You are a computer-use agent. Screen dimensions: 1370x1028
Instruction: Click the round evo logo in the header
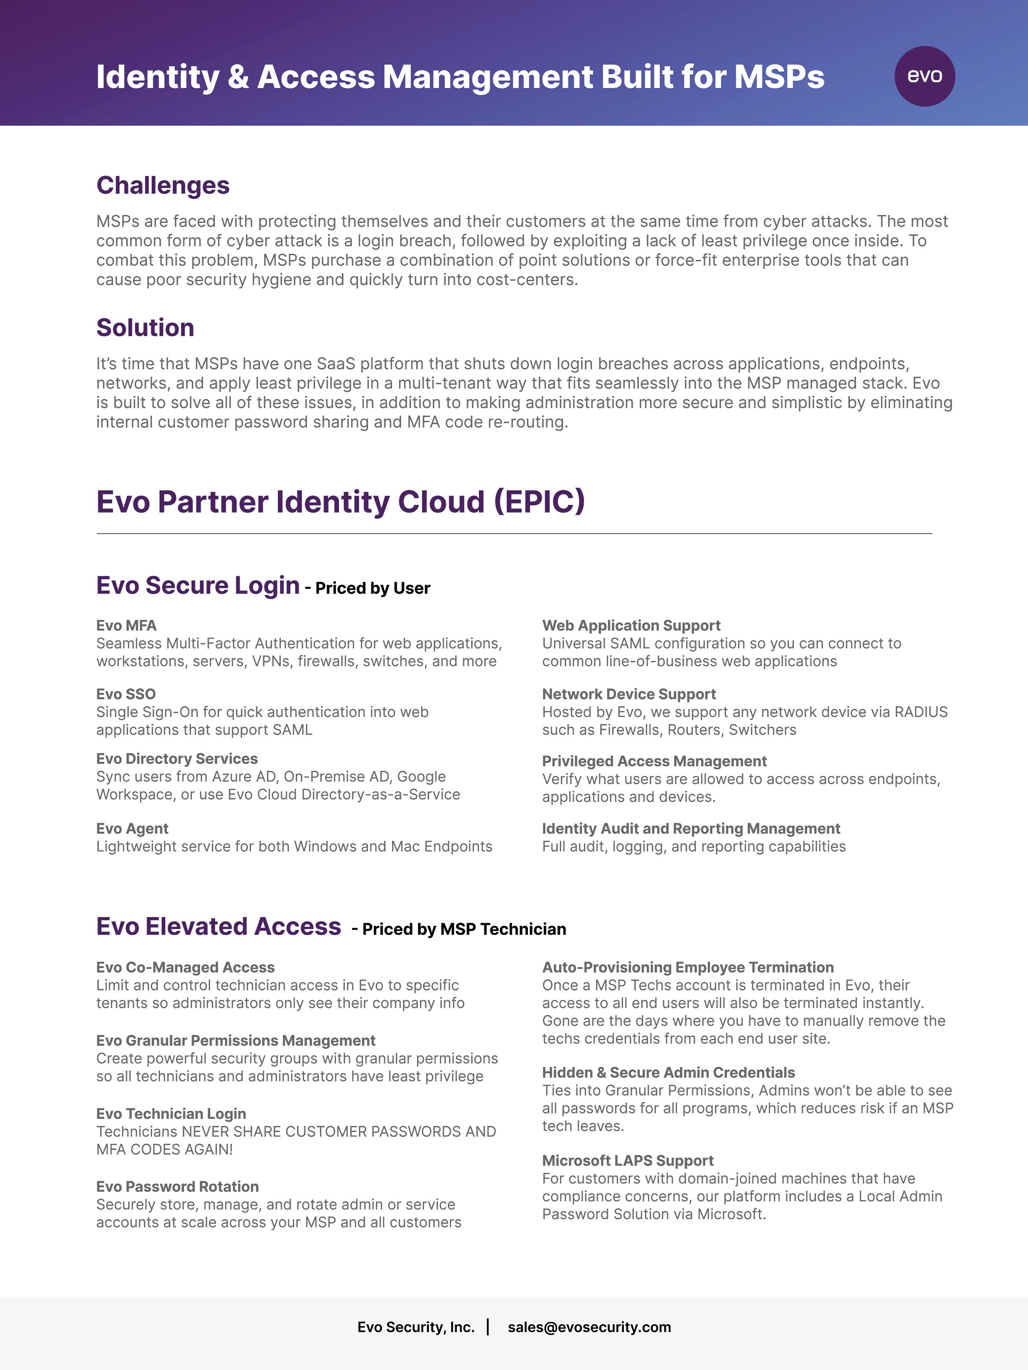point(925,76)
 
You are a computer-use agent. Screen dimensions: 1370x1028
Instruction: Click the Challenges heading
point(163,185)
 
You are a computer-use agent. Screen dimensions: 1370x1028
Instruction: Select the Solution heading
point(145,328)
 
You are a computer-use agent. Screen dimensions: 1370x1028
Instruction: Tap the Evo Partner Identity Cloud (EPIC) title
point(340,502)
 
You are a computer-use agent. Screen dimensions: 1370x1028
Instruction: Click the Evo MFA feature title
point(126,626)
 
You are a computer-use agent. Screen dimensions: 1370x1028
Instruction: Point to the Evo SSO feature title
point(126,694)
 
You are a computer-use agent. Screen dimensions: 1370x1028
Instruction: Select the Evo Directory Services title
point(177,759)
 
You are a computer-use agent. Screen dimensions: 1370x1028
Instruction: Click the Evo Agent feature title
point(132,829)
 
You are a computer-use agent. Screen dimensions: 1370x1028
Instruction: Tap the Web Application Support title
point(631,626)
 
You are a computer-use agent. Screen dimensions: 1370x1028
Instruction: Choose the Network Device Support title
point(628,694)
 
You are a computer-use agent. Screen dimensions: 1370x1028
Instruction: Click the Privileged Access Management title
point(654,761)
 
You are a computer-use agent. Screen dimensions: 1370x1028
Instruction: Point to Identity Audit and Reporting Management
point(690,829)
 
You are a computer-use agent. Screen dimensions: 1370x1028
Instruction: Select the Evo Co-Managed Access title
point(185,967)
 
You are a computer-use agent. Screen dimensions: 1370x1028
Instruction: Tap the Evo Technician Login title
point(171,1113)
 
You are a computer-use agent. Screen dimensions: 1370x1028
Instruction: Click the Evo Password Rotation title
point(177,1187)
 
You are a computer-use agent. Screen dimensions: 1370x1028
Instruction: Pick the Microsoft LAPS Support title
point(627,1161)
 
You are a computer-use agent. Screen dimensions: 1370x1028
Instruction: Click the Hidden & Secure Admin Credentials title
point(668,1073)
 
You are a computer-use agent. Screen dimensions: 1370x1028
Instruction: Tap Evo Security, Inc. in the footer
point(416,1327)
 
